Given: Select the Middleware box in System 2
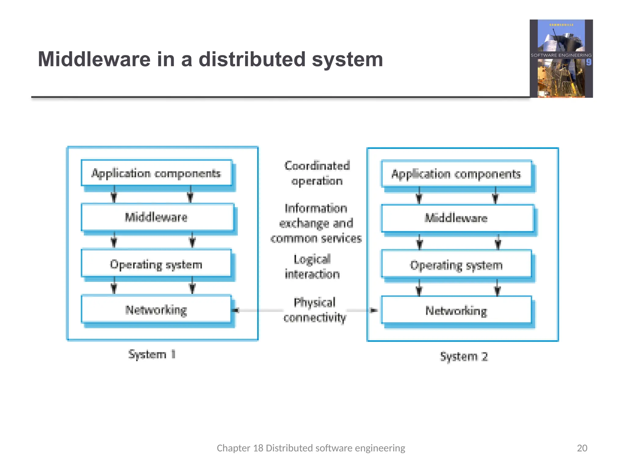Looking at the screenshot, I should click(457, 218).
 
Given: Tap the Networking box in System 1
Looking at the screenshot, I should click(156, 309).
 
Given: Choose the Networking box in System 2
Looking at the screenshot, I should click(456, 310).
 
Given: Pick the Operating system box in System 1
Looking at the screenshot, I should click(156, 264).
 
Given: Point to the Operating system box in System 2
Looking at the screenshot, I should click(456, 265).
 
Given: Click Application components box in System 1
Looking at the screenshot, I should click(156, 173).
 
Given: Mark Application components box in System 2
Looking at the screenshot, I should click(456, 174).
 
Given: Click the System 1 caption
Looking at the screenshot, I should click(152, 354).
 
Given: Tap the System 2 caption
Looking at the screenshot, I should click(464, 356).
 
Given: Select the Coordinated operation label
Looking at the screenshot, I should click(317, 173).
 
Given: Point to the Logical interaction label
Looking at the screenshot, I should click(312, 267).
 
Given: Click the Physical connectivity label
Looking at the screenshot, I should click(315, 310).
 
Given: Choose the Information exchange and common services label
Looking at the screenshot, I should click(316, 223).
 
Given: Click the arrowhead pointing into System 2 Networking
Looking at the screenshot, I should click(374, 310).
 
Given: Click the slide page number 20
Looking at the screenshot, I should click(582, 448).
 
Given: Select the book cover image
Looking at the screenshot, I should click(561, 59).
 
